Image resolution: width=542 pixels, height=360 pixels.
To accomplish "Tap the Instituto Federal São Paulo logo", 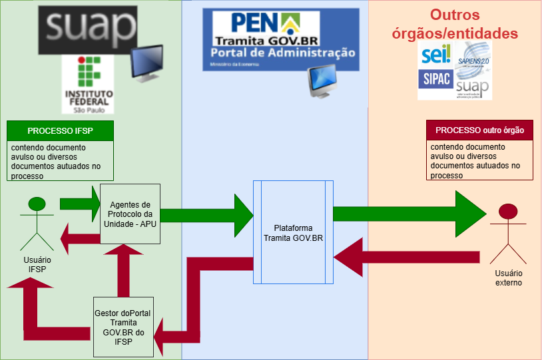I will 88,85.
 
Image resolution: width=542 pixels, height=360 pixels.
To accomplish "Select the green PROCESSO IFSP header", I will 60,130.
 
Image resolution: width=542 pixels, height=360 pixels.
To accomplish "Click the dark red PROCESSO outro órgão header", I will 479,130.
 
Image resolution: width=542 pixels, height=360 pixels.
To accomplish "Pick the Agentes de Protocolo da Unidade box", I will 131,214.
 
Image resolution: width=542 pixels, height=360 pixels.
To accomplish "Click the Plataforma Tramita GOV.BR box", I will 293,232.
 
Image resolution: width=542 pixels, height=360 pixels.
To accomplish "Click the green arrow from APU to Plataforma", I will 206,214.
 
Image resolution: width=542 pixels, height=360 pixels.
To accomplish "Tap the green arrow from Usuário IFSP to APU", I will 79,202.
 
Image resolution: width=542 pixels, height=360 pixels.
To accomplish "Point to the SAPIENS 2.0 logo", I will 473,57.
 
